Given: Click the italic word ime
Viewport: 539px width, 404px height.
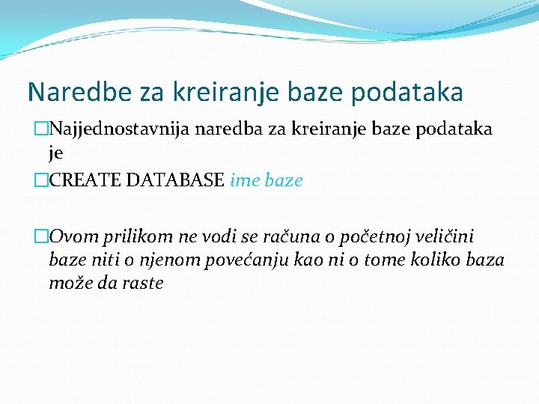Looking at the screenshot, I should (x=245, y=180).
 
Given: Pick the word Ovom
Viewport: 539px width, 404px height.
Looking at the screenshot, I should (x=71, y=237).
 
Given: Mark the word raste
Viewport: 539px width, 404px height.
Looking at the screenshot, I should (x=145, y=284).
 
